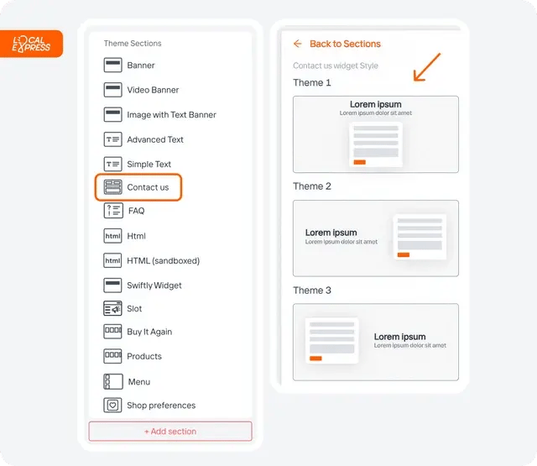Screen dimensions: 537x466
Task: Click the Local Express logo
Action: point(31,44)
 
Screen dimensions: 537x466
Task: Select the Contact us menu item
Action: point(138,187)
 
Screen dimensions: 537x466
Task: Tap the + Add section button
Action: point(170,431)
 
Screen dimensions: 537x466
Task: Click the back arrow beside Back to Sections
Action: point(298,44)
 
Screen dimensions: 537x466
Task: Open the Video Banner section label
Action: point(153,90)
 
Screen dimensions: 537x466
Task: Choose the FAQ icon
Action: point(113,211)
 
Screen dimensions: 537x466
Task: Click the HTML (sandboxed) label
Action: point(163,261)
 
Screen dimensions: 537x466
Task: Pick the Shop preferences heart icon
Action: point(112,406)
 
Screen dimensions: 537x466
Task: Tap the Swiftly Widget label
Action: point(154,285)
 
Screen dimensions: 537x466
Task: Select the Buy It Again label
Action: point(149,332)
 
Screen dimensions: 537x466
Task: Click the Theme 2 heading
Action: point(312,186)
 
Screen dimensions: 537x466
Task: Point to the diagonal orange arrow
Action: point(427,67)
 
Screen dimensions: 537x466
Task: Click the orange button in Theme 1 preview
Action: point(360,162)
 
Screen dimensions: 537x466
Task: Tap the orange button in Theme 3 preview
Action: point(315,359)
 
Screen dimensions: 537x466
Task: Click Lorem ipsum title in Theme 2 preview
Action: point(331,233)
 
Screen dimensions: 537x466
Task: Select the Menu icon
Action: point(113,381)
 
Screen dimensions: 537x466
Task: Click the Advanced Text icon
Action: point(112,139)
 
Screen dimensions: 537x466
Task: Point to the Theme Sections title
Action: point(133,43)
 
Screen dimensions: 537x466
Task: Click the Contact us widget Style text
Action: point(336,65)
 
